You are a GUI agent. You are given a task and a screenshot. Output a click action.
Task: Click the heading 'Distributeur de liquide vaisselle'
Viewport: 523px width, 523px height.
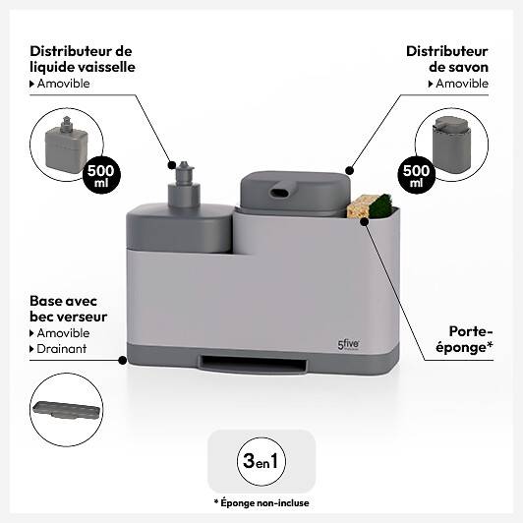click(83, 59)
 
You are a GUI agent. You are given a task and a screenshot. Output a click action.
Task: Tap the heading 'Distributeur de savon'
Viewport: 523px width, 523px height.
click(447, 59)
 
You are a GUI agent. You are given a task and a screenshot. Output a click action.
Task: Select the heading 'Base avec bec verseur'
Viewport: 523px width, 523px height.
click(69, 309)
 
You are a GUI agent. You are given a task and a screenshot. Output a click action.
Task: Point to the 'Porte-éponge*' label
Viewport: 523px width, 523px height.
click(464, 339)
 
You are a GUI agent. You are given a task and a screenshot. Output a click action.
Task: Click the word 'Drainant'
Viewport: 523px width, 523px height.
click(62, 349)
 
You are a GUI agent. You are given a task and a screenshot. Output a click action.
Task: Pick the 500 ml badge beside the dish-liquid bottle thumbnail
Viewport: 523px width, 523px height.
click(100, 175)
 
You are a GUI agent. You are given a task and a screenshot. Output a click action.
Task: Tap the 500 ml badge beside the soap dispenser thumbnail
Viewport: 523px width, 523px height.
click(416, 175)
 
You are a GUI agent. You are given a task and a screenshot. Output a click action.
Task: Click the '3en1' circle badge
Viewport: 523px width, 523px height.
click(261, 461)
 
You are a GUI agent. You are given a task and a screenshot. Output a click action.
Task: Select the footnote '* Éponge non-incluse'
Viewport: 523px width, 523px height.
click(261, 502)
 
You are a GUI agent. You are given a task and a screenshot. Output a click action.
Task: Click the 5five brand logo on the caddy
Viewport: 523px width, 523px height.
click(348, 344)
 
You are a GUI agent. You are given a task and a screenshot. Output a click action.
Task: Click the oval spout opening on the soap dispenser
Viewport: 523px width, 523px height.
click(279, 193)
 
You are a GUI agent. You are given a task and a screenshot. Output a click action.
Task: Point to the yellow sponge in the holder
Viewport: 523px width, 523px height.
click(359, 207)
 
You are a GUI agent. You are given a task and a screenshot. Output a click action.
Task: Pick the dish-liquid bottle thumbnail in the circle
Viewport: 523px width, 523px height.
click(67, 144)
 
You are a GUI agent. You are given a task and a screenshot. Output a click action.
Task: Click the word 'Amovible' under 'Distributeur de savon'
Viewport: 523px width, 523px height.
click(462, 84)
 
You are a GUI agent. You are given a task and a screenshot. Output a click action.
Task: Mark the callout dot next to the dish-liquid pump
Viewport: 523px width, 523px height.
click(172, 164)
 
